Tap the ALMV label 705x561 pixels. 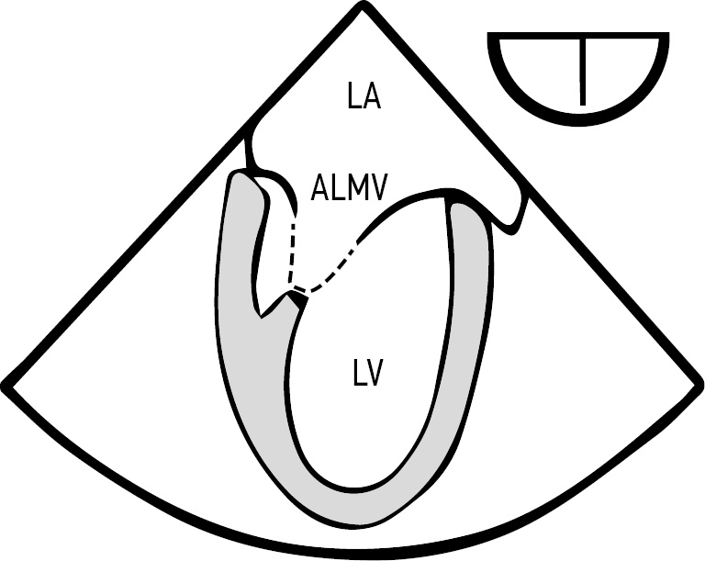coord(349,187)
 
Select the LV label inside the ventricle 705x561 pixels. coord(367,375)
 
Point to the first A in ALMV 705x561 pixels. coord(319,187)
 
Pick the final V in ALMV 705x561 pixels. coord(377,187)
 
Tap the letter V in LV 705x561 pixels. coord(374,375)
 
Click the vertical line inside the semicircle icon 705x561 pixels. coord(583,72)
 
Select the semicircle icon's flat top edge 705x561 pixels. coord(578,36)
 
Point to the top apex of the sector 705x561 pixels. coord(363,7)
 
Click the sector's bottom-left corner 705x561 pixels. coord(6,387)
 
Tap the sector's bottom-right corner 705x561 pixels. coord(699,386)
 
